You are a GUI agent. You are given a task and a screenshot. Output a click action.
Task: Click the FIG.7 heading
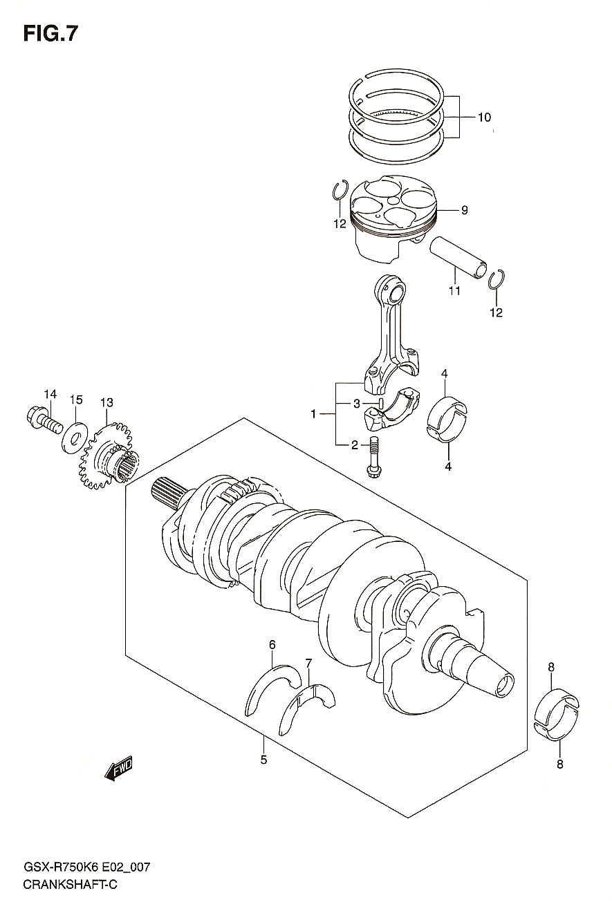(x=50, y=34)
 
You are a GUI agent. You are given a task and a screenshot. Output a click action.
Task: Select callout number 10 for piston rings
(x=484, y=118)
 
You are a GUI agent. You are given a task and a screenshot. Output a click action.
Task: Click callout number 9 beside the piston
(x=464, y=210)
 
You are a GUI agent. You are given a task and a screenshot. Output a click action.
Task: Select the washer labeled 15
(x=74, y=438)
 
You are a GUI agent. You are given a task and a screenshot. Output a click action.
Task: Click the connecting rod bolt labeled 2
(x=373, y=457)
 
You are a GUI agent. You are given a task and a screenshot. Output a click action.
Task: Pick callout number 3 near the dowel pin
(x=356, y=404)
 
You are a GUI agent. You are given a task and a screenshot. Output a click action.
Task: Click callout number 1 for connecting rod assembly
(x=313, y=414)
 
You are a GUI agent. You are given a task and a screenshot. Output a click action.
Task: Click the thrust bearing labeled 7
(x=306, y=708)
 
